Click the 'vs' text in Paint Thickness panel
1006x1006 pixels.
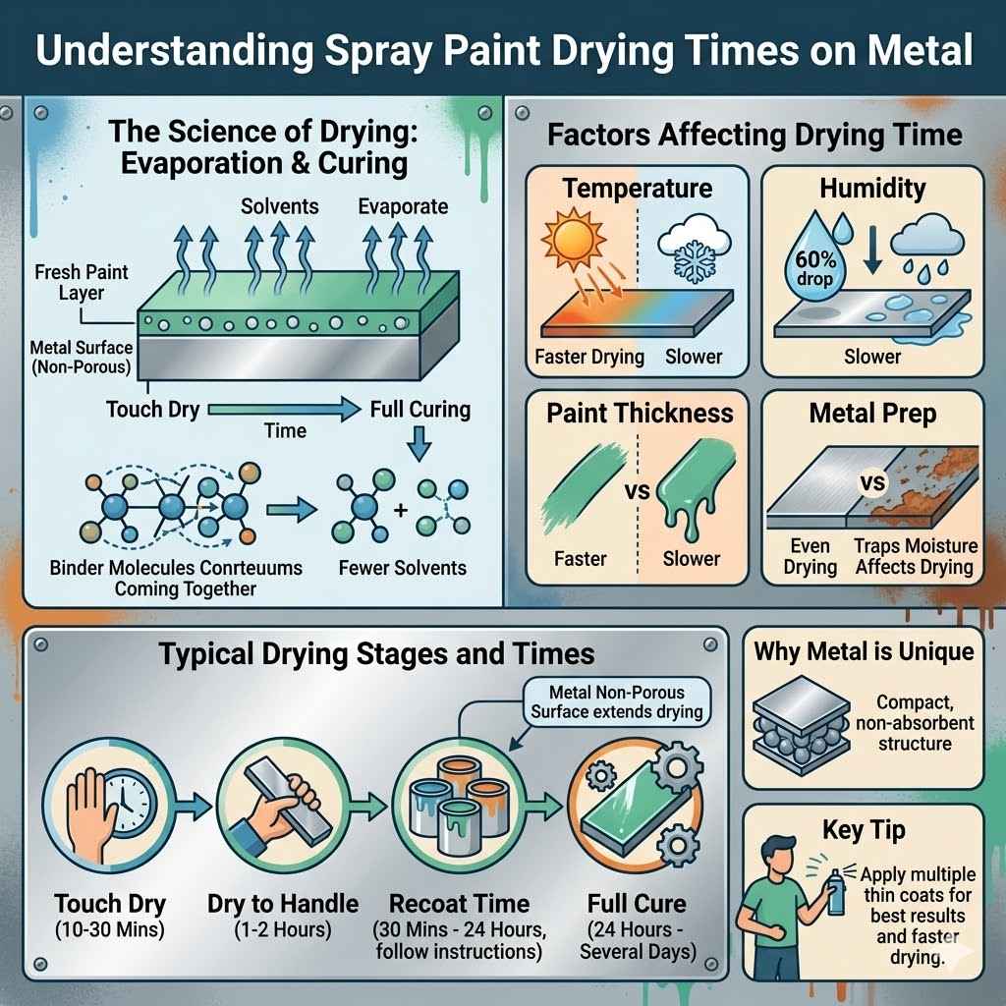pos(638,488)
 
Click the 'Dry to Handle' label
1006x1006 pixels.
pos(268,903)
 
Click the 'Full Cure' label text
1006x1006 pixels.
pos(636,903)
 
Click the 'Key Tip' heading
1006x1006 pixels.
pos(866,831)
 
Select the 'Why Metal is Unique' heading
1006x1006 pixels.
pos(864,650)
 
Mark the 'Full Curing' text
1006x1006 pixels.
pos(419,408)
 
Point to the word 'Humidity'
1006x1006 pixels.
pos(872,188)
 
